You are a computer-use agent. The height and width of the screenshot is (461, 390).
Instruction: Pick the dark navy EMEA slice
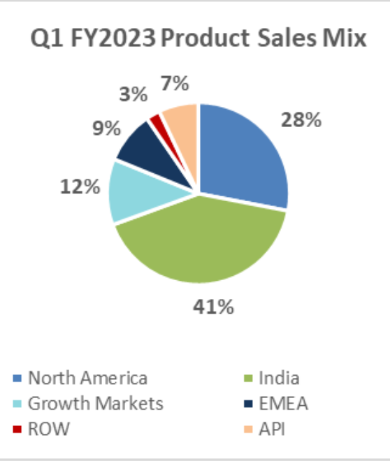coord(150,147)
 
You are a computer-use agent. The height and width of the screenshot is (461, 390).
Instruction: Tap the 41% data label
coord(212,307)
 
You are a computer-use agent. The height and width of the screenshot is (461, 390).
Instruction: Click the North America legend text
coord(87,379)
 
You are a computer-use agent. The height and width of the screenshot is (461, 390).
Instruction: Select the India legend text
coord(279,379)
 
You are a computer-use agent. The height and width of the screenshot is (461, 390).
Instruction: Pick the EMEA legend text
coord(283,403)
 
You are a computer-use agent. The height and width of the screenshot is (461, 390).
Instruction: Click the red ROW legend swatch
coord(17,427)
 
